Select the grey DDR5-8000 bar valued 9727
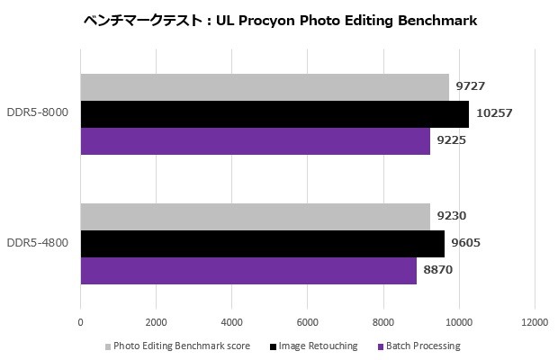click(x=265, y=87)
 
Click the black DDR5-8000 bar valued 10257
click(x=274, y=114)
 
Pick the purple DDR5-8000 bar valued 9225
click(x=255, y=141)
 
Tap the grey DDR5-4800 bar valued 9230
click(x=255, y=217)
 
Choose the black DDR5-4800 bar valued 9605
click(x=262, y=244)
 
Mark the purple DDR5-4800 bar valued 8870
click(x=248, y=271)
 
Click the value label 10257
click(x=494, y=114)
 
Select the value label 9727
click(x=472, y=87)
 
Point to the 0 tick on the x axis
click(x=81, y=321)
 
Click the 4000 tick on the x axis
click(x=232, y=321)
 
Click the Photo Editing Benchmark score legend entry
click(x=179, y=346)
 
